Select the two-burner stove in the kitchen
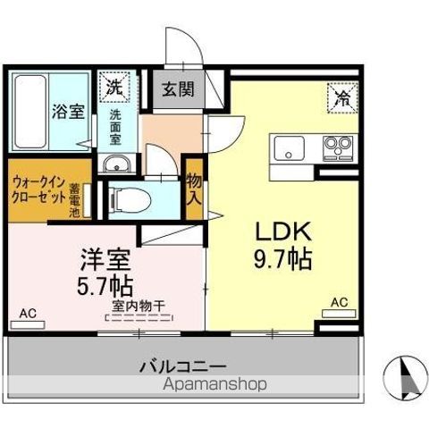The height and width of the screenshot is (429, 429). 337,146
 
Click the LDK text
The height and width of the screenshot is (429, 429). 281,231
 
